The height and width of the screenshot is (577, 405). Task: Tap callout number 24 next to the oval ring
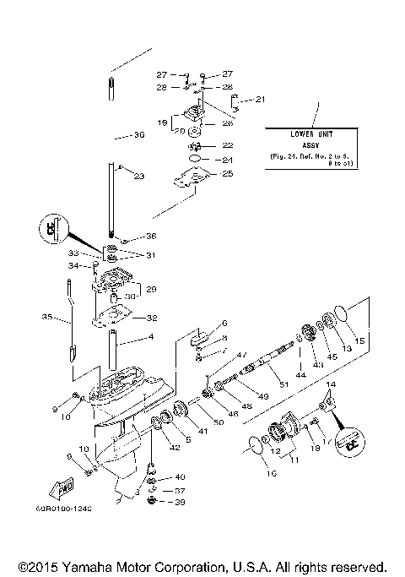tap(226, 160)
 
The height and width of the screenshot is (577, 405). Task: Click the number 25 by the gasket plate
tap(227, 173)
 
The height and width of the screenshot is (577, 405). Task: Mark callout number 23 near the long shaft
tap(139, 176)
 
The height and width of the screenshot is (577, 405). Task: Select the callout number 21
tap(260, 100)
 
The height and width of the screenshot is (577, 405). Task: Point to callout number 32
tap(152, 318)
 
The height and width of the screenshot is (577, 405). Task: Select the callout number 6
tap(224, 324)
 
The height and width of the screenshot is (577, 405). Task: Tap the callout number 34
tap(73, 266)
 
